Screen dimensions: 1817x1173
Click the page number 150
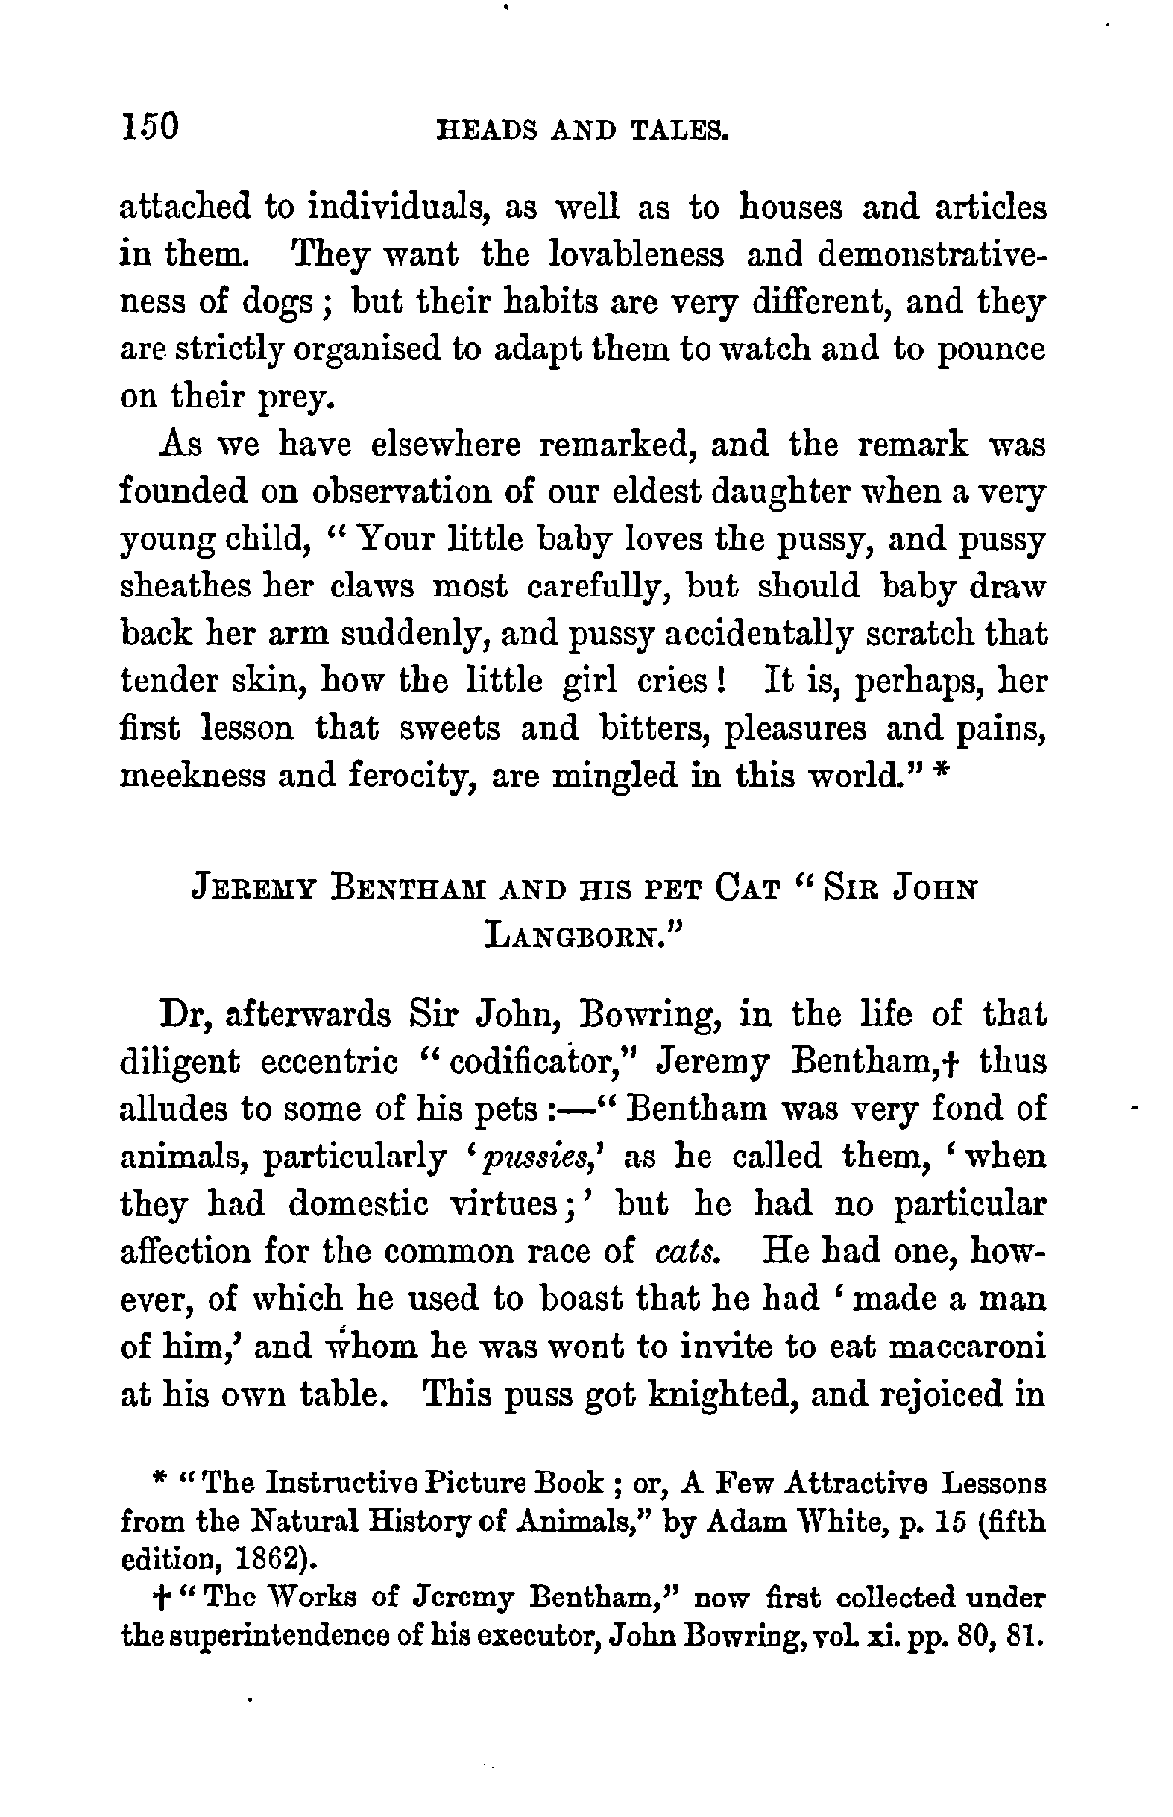tap(148, 127)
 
